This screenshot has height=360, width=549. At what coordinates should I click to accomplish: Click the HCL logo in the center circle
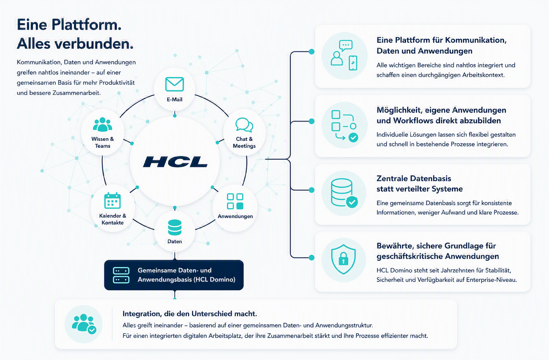point(175,162)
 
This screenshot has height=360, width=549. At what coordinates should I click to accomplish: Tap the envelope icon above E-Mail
point(174,84)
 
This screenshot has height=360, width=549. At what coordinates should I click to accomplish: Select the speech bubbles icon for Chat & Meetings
point(244,125)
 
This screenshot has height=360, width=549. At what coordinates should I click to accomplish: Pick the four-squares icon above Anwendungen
point(235,201)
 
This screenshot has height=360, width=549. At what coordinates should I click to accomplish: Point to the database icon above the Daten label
point(175,227)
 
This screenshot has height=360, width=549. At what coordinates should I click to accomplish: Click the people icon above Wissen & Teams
point(102,124)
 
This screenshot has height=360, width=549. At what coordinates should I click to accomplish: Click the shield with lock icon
point(343,259)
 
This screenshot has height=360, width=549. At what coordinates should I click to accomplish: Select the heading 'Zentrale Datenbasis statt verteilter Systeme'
point(419,184)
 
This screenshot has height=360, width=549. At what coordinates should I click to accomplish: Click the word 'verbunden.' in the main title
point(94,44)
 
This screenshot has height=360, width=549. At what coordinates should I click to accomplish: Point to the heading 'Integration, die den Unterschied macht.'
point(190,314)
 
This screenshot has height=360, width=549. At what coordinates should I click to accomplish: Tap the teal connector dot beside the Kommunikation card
point(311,52)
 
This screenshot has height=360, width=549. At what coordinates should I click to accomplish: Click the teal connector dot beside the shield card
point(311,258)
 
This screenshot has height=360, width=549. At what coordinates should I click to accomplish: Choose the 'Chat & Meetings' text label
point(244,142)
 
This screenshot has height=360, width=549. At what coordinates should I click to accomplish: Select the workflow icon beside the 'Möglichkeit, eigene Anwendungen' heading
point(345,126)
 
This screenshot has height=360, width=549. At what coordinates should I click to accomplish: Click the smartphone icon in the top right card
point(353,63)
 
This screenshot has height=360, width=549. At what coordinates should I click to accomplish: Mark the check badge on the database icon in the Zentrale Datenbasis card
point(352,202)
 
